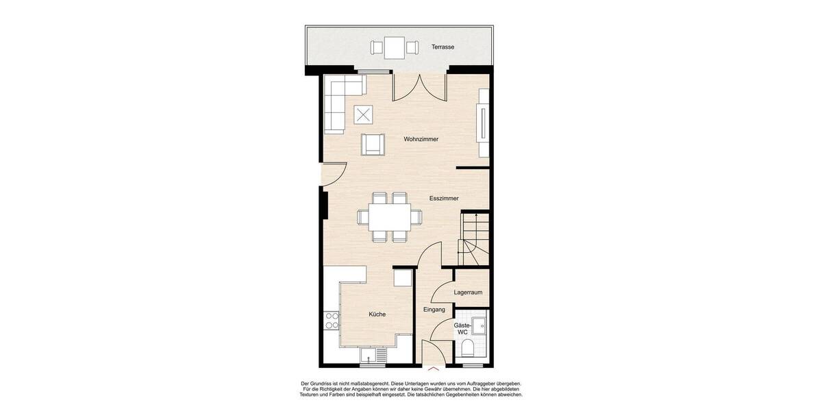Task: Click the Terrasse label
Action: [443, 47]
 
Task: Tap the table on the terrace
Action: [394, 47]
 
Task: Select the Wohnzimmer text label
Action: [421, 139]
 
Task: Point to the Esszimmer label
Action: [444, 198]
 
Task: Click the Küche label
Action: [377, 314]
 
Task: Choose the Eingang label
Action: [434, 310]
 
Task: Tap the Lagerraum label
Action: [469, 292]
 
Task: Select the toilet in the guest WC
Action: [468, 349]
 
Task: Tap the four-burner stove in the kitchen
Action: [332, 320]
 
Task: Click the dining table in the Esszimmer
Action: [389, 217]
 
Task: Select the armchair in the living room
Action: [372, 143]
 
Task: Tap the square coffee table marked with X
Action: [364, 114]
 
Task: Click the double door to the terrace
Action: [419, 86]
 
